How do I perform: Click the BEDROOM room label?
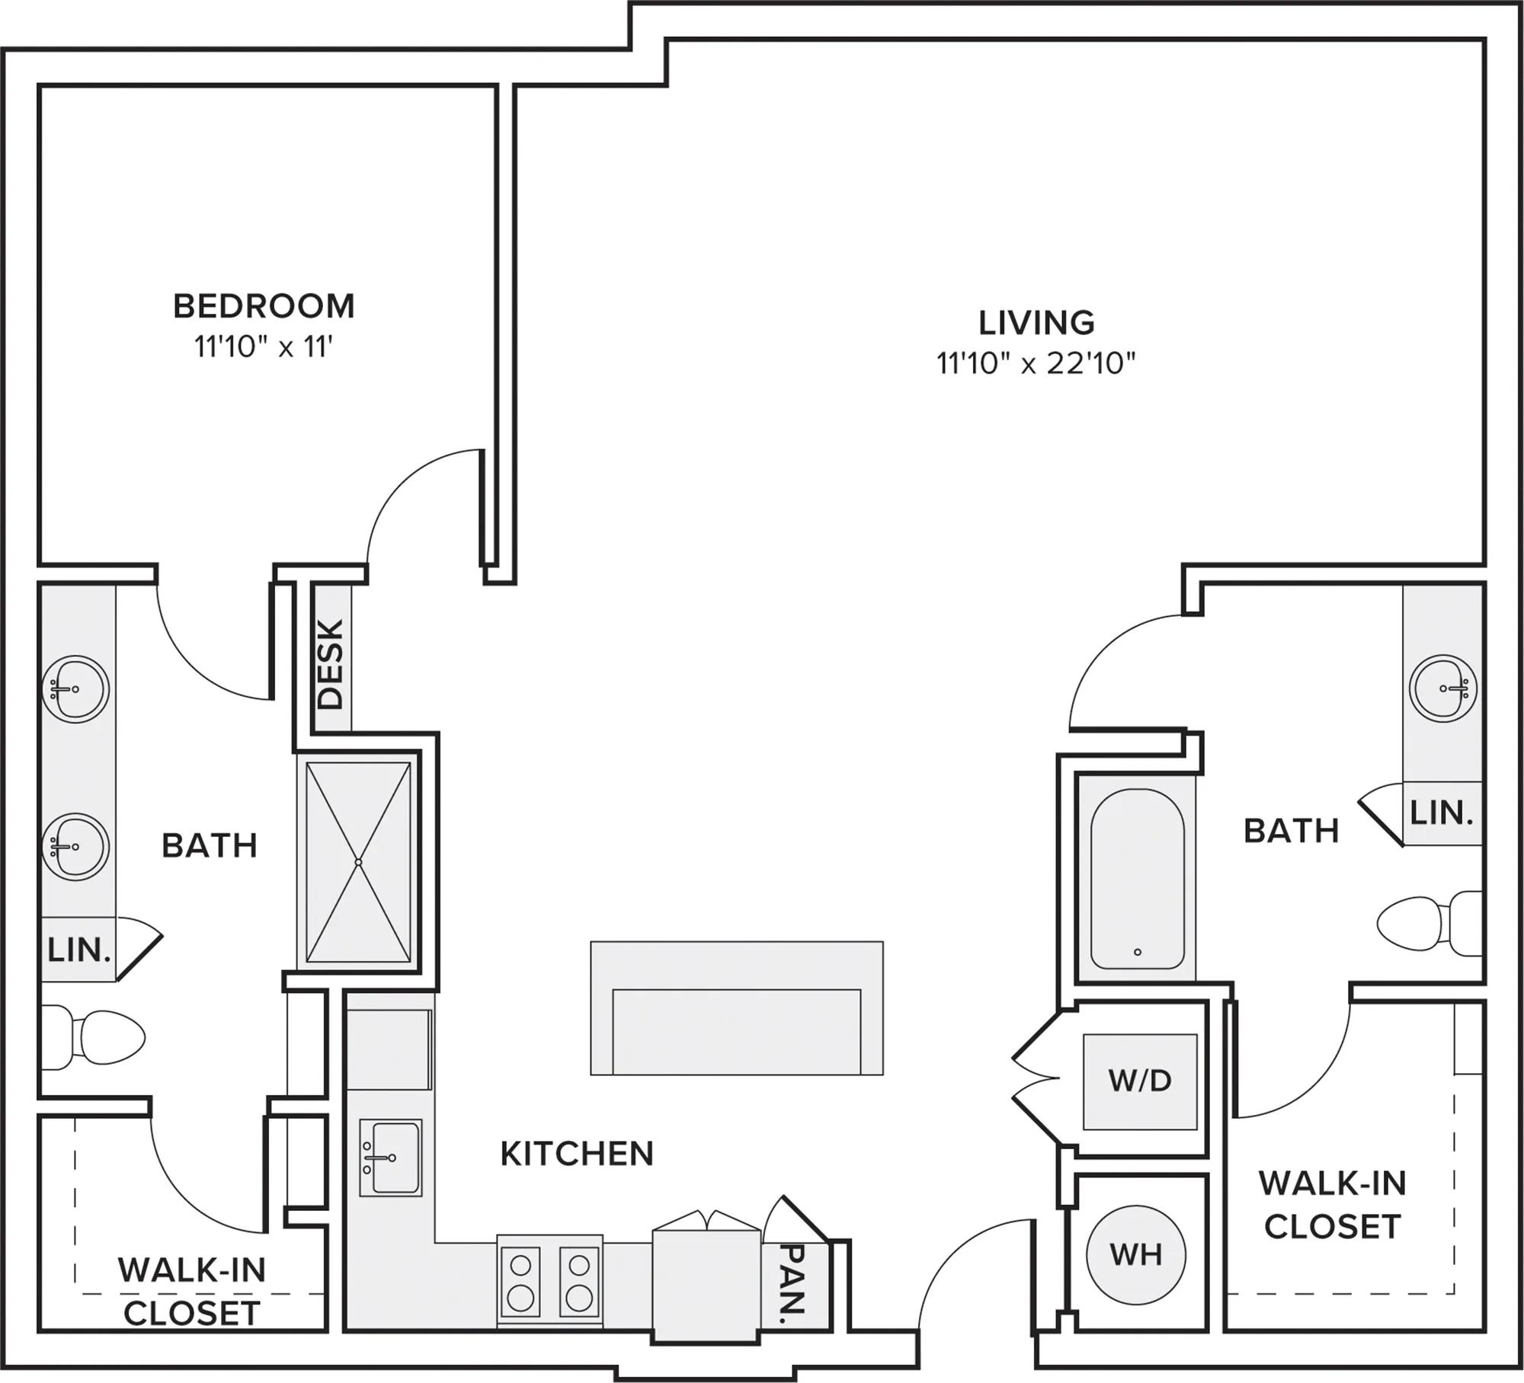(x=264, y=306)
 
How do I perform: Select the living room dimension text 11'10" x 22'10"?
(x=1036, y=363)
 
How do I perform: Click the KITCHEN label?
(x=577, y=1154)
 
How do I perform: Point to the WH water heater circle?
(x=1135, y=1254)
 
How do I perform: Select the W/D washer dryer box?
(x=1140, y=1081)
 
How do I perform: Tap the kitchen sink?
(x=390, y=1157)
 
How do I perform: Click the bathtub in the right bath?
(x=1137, y=878)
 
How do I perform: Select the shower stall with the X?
(x=358, y=862)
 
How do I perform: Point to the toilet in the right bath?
(x=1430, y=924)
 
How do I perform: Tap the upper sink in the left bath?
(x=75, y=688)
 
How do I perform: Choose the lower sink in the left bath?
(x=75, y=846)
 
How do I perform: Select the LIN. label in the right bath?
(x=1442, y=813)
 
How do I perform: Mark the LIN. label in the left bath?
(x=79, y=950)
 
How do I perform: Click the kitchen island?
(x=737, y=1008)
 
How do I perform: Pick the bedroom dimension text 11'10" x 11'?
(x=264, y=347)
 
